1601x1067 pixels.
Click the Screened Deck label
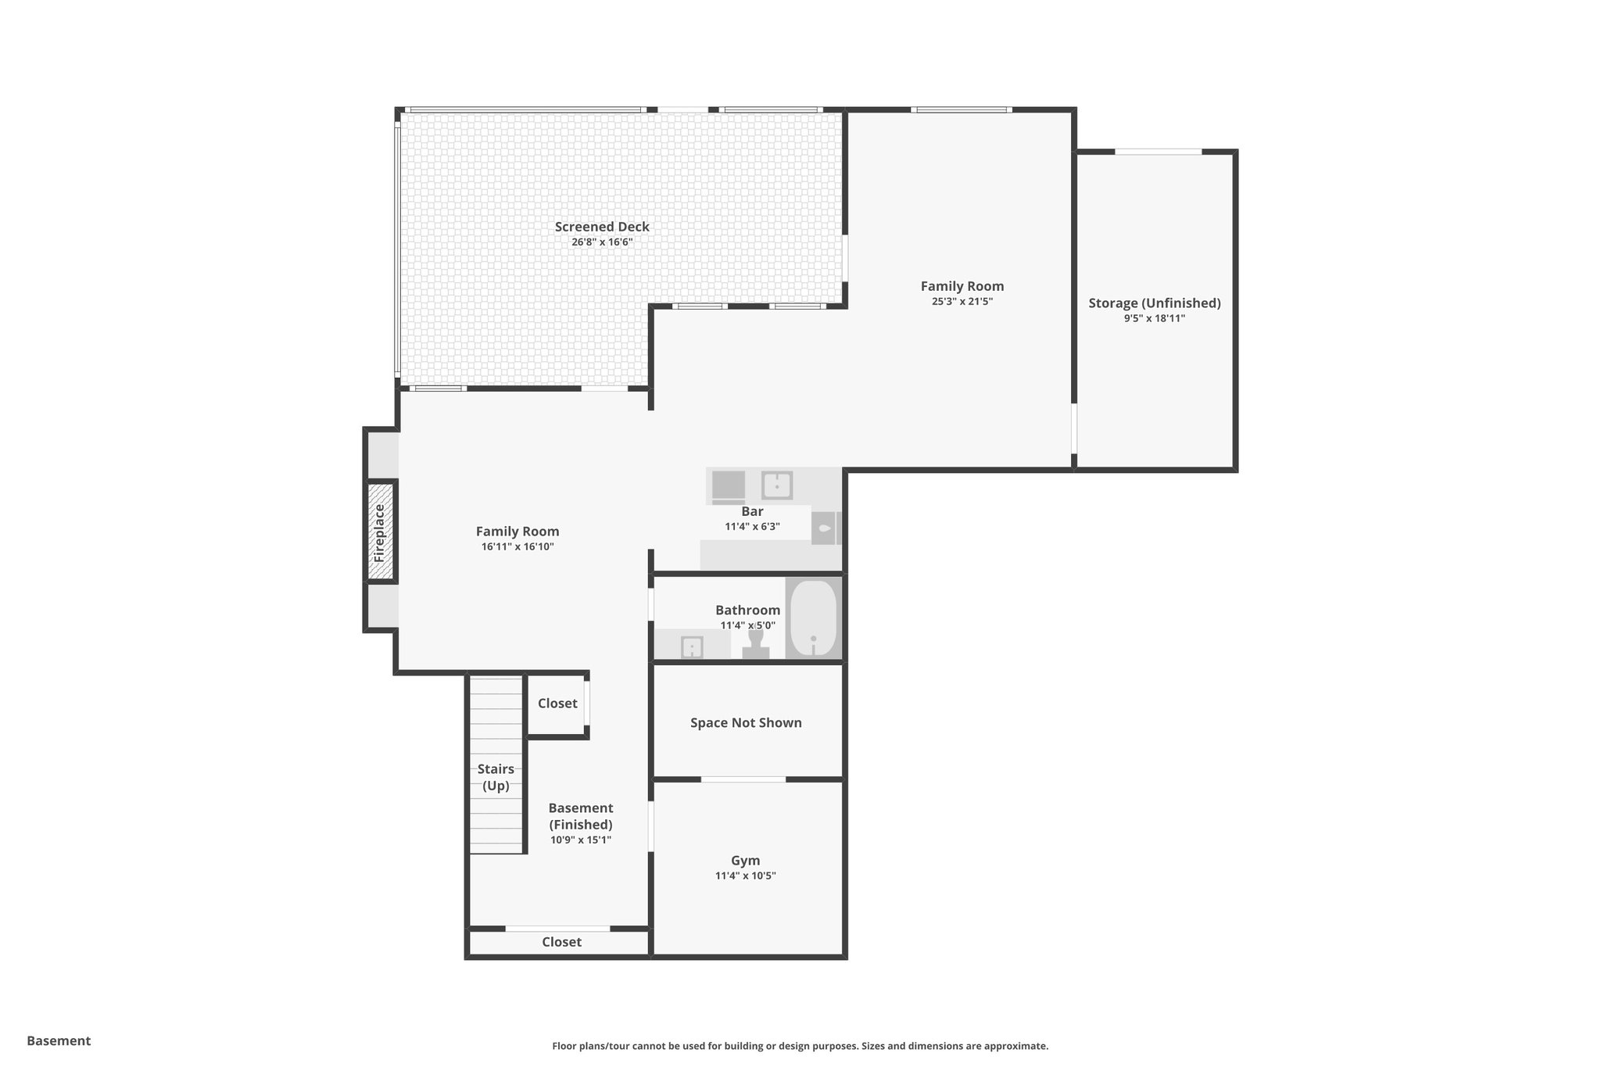[x=601, y=227]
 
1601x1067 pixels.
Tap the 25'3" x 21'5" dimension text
[x=962, y=302]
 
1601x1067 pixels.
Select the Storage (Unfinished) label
[x=1154, y=303]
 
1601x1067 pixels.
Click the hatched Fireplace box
[x=381, y=532]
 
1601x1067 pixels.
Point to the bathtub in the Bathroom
[x=813, y=618]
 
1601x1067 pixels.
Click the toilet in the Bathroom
[x=755, y=643]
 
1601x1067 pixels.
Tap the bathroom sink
[x=692, y=647]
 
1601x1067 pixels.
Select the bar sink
[x=777, y=485]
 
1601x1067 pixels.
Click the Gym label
[x=745, y=861]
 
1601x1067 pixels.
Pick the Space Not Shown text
[x=745, y=723]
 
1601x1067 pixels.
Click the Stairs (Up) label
[x=496, y=777]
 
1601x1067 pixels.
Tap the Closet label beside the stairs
[x=557, y=704]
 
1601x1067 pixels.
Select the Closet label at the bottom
[x=561, y=942]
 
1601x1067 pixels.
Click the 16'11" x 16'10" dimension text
[x=518, y=547]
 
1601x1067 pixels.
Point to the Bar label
[x=752, y=511]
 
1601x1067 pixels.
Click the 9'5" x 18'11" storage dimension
[x=1154, y=319]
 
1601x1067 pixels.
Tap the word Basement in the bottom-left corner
[x=59, y=1040]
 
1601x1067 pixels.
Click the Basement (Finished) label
[x=580, y=816]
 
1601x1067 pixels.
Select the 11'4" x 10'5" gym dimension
[x=745, y=876]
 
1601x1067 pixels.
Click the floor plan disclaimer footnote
[x=800, y=1046]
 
